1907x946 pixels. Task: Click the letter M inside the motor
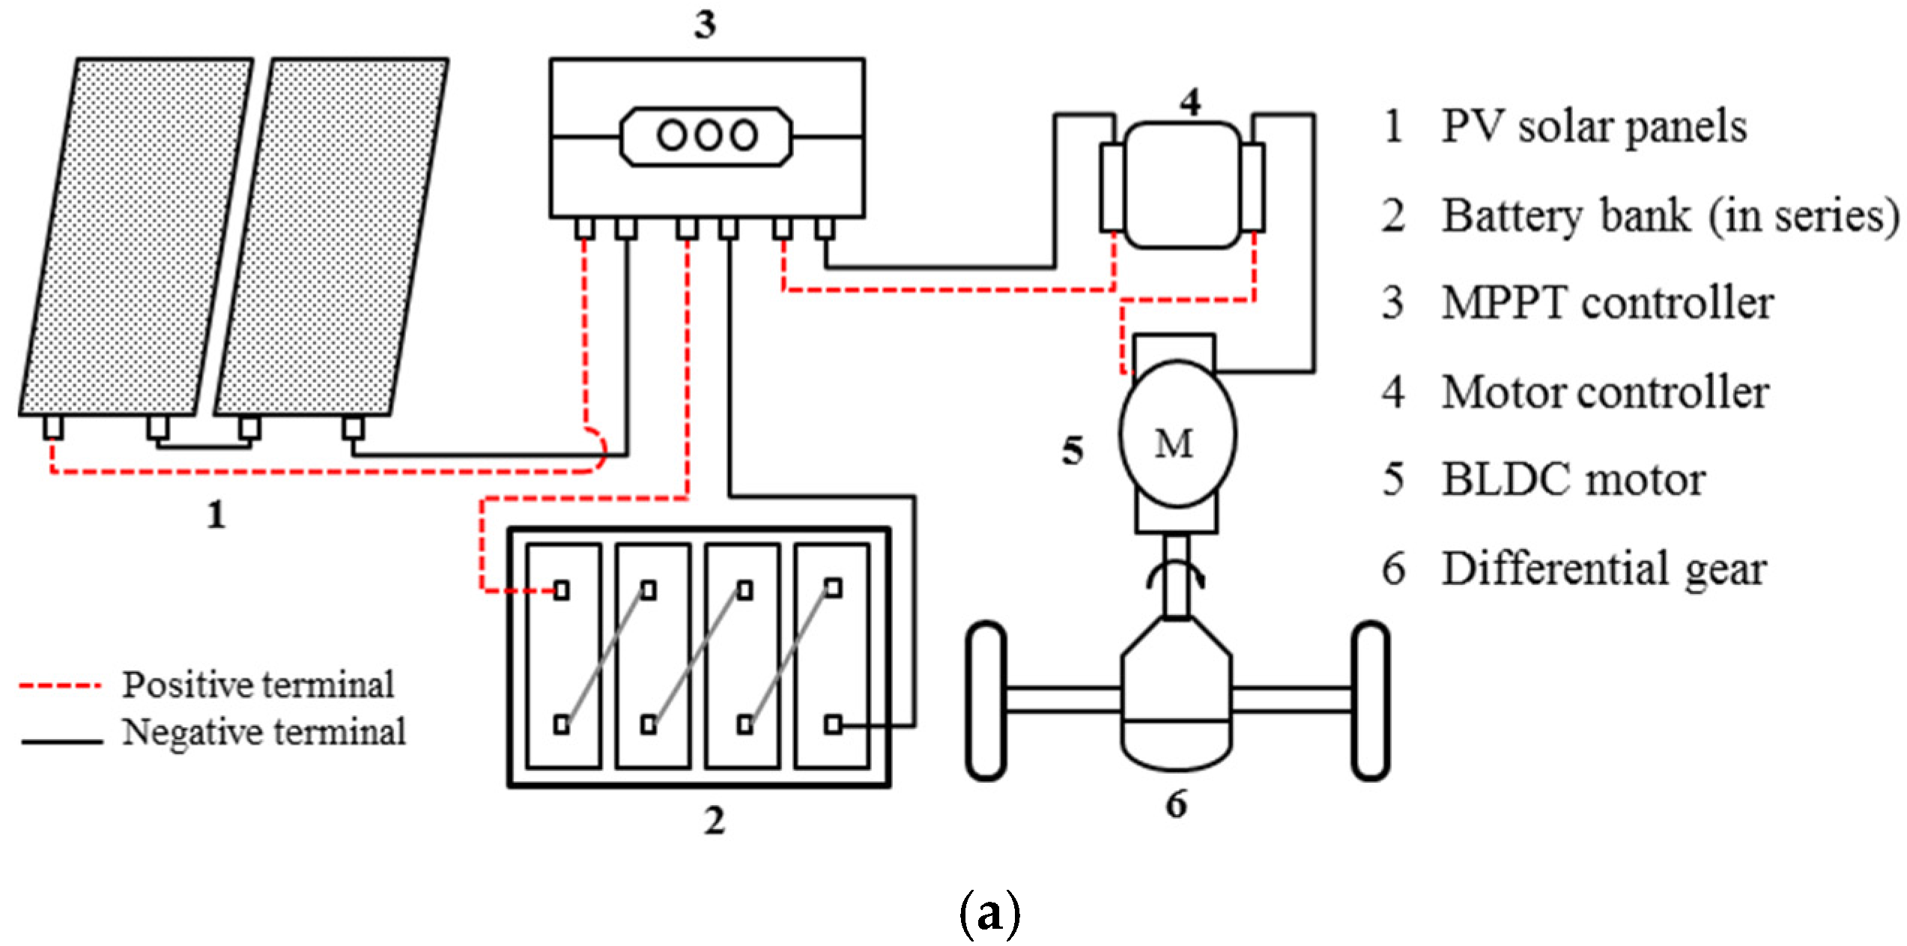[1174, 443]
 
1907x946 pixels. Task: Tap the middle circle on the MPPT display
[707, 136]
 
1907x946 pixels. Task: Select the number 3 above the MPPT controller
[705, 25]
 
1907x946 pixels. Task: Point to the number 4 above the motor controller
[1190, 101]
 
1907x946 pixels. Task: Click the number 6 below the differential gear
[1176, 804]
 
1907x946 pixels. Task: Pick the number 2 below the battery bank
[715, 821]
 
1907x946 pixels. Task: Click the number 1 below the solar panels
[216, 515]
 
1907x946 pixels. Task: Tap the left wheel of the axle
[986, 701]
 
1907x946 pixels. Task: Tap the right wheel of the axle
[1370, 701]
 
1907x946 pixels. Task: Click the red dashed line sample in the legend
[60, 685]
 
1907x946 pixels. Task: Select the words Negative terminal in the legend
[264, 732]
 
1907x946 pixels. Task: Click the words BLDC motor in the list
[1574, 479]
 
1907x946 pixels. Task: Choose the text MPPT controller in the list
[1607, 303]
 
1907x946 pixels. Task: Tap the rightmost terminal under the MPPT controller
[825, 228]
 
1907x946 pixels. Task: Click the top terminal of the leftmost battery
[561, 590]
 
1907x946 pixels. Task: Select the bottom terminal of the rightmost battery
[832, 724]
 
